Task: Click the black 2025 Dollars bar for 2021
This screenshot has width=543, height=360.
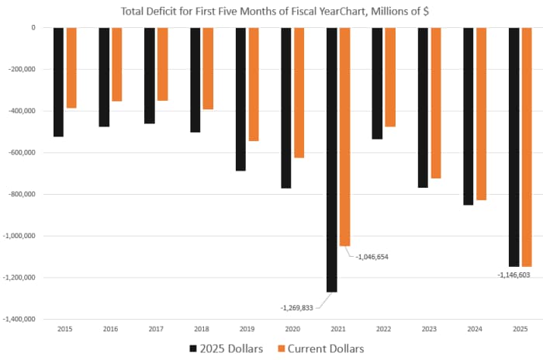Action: (x=332, y=159)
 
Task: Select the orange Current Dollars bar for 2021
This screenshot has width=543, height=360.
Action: (x=345, y=136)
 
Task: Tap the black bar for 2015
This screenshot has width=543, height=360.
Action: (x=58, y=81)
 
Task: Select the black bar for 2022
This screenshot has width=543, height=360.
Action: (x=377, y=83)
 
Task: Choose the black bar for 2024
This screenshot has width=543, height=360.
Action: (x=469, y=116)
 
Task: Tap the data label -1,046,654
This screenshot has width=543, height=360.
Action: (x=378, y=255)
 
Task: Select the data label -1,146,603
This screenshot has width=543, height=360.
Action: (x=514, y=275)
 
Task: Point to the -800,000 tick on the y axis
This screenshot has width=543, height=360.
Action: (x=20, y=194)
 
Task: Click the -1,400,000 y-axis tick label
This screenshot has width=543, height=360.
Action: (x=19, y=319)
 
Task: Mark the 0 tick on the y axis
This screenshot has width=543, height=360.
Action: (x=33, y=28)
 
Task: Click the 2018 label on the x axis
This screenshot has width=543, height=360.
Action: (x=201, y=330)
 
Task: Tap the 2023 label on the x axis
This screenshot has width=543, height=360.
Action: (x=429, y=330)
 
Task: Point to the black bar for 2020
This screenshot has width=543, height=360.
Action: (x=286, y=108)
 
